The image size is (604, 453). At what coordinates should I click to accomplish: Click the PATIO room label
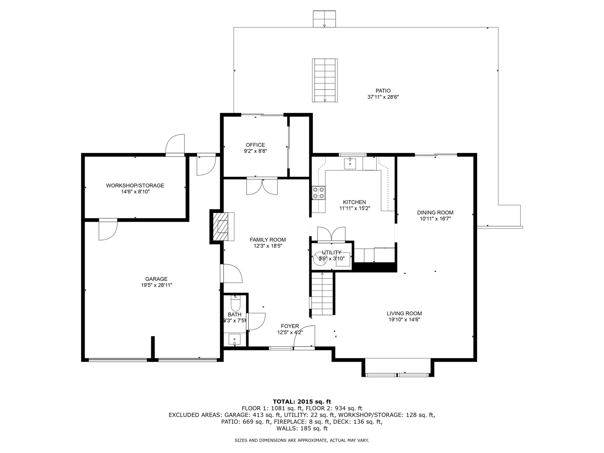(383, 91)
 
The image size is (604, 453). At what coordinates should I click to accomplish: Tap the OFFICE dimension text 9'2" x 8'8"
(255, 151)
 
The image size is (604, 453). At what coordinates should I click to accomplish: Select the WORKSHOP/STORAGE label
(135, 186)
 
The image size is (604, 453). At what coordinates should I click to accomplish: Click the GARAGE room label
(156, 279)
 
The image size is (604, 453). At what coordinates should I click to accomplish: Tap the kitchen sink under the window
(350, 164)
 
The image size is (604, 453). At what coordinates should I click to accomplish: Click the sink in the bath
(234, 339)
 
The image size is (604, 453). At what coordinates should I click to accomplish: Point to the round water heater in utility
(320, 259)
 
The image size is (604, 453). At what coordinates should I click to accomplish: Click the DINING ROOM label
(435, 213)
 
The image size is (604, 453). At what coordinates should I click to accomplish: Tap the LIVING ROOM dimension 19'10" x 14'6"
(404, 320)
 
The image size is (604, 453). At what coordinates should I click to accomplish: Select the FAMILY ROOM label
(268, 240)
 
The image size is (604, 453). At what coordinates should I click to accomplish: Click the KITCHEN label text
(355, 202)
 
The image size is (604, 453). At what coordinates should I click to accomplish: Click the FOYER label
(290, 326)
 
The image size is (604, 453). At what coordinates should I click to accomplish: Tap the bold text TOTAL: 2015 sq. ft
(302, 402)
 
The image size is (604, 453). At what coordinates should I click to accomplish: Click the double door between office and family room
(262, 186)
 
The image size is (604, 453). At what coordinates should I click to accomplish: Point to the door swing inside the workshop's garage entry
(108, 230)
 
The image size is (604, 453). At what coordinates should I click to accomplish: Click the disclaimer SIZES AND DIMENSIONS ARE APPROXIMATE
(302, 440)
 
